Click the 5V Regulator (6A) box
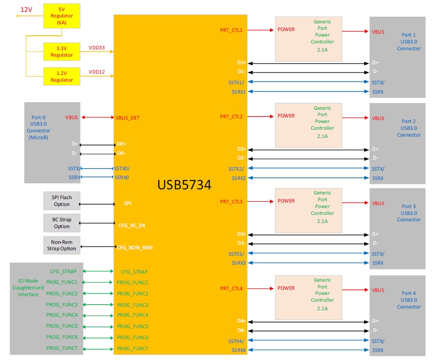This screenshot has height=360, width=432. pos(62,16)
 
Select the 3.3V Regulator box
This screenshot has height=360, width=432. pos(62,51)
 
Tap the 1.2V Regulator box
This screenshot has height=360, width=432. pos(62,77)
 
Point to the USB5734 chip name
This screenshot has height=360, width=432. pos(184,185)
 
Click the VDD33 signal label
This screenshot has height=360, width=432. pos(97,48)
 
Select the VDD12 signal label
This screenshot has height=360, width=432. pos(97,72)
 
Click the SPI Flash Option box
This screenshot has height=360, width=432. pos(62,201)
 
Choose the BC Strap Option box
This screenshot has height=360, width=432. pos(62,223)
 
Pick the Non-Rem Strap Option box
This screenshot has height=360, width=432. pos(62,245)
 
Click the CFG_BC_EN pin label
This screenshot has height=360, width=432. pos(131,226)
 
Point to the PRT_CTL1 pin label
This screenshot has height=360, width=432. pos(231,30)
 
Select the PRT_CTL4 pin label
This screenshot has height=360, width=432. pos(231,289)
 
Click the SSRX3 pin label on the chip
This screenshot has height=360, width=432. pos(239,263)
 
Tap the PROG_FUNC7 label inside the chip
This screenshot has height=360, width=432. pos(133,349)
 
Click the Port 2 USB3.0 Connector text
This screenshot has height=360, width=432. pos(409,128)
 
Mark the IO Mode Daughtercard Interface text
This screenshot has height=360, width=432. pos(28,288)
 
